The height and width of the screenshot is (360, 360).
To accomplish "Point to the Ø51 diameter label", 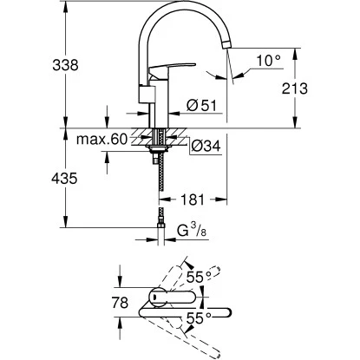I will tap(202, 107).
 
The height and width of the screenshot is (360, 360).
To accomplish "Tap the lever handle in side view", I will tap(165, 76).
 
